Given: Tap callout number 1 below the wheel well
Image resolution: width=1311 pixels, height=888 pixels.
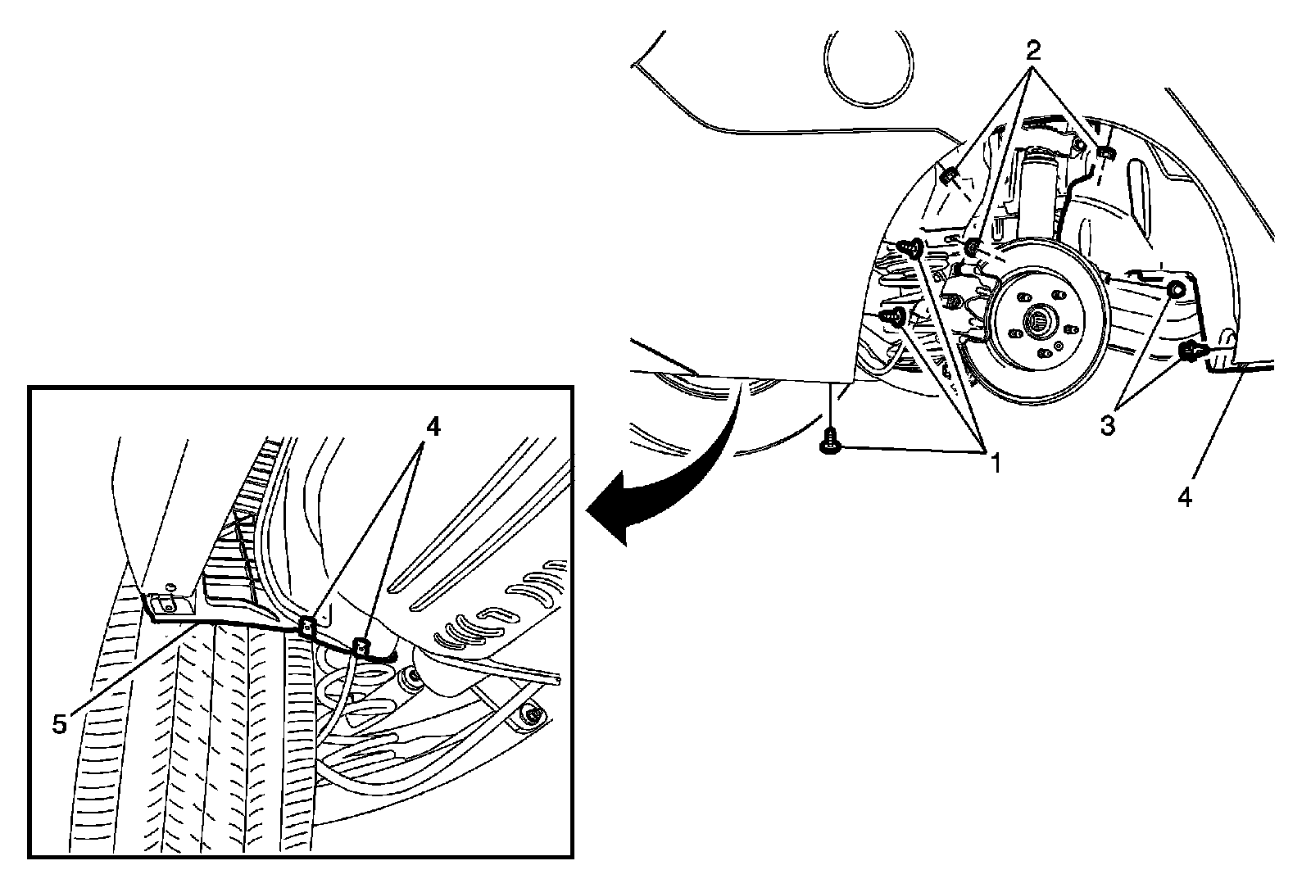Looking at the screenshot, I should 995,464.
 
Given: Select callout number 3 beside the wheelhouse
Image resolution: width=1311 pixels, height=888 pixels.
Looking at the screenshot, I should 1108,425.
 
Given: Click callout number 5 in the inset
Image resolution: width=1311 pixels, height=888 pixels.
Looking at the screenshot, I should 59,725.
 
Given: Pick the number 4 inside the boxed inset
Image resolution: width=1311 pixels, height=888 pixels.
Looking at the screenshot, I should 433,426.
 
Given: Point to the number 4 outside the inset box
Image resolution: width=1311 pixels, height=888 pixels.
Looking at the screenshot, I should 1186,497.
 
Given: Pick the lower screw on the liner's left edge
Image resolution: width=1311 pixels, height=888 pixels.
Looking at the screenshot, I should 896,315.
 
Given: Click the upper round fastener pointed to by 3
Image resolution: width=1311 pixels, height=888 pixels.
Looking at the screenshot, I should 1175,288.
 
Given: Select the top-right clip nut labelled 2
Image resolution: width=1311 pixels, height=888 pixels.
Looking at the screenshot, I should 1104,153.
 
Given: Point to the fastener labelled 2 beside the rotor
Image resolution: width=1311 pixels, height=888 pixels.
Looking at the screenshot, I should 972,247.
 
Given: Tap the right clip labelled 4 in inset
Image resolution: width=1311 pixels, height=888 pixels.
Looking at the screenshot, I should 359,646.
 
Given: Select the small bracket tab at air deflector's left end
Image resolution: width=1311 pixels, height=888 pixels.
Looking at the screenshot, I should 164,605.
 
